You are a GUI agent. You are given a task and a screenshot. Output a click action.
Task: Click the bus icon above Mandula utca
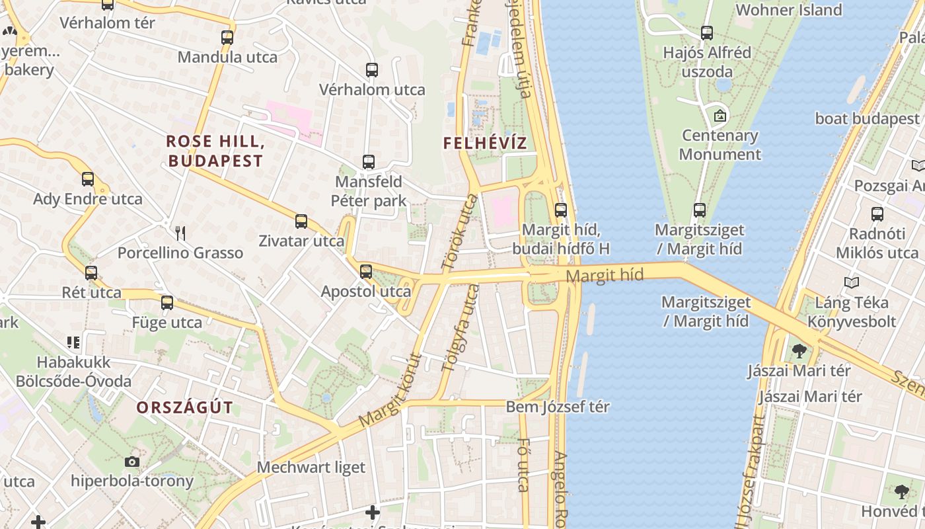[227, 38]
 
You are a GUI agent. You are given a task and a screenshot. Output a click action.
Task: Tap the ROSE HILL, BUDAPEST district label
[215, 151]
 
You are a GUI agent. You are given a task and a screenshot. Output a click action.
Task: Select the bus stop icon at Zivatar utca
[301, 221]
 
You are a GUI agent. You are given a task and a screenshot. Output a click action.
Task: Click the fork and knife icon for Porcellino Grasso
[180, 233]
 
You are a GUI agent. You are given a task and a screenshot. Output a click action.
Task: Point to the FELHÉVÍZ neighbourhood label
[485, 143]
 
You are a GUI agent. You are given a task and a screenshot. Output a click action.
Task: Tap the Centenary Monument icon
[720, 116]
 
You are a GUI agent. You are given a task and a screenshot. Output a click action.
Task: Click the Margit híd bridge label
[605, 276]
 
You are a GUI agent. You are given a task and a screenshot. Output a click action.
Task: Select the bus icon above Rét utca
[91, 272]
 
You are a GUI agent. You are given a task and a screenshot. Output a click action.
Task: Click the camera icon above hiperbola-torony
[132, 462]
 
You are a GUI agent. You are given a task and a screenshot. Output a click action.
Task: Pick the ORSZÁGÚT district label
[185, 407]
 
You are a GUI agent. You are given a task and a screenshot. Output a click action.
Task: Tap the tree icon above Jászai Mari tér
[799, 351]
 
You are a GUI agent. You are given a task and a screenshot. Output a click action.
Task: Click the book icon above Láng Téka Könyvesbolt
[852, 283]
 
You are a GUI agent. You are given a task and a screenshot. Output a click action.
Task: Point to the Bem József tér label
[558, 407]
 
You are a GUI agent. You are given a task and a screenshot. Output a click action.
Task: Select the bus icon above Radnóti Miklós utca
[877, 214]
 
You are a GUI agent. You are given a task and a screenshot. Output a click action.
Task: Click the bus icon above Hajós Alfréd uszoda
[707, 32]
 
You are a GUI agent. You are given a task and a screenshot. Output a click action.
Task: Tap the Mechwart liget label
[311, 468]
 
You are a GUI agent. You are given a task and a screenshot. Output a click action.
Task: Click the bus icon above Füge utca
[167, 303]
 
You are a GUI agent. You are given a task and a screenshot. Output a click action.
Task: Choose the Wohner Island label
[788, 10]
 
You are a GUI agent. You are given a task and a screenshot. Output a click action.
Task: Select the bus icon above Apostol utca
[366, 271]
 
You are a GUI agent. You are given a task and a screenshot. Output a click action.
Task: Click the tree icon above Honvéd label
[902, 492]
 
